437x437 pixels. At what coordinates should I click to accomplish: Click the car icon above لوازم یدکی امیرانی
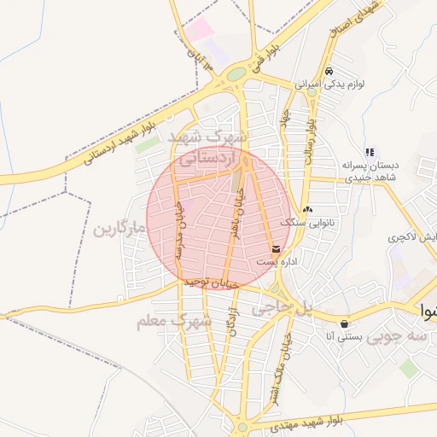[x=329, y=72]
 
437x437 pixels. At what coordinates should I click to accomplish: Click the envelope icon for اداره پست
[x=276, y=249]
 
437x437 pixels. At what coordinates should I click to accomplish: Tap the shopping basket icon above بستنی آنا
[x=344, y=324]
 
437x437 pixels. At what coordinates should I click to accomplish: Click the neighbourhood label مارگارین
[x=117, y=229]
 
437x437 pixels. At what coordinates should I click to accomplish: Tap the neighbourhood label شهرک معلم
[x=173, y=322]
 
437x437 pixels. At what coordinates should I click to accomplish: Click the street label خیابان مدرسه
[x=179, y=224]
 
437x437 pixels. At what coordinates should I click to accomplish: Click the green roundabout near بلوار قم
[x=236, y=75]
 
